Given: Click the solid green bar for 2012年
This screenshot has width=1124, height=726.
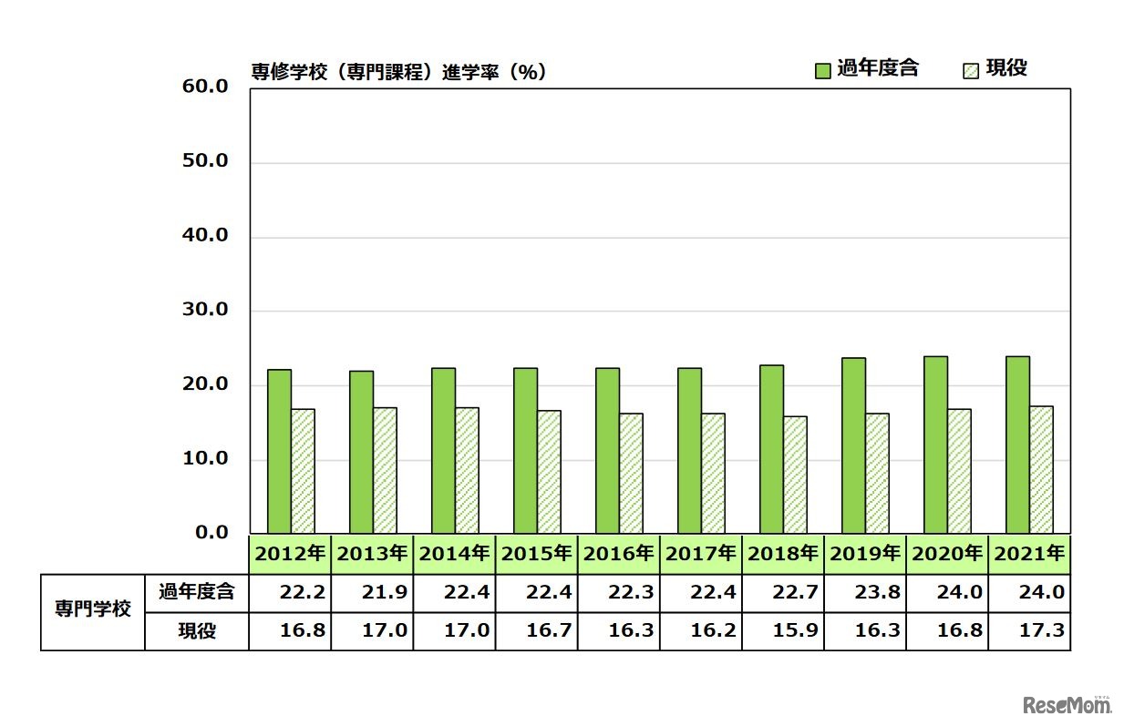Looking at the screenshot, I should click(x=279, y=451).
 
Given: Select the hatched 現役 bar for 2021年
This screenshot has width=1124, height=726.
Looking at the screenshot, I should click(x=1041, y=469).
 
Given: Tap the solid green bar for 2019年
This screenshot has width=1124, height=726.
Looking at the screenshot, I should click(x=853, y=445).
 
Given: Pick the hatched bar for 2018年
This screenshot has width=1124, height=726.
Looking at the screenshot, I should click(x=795, y=475).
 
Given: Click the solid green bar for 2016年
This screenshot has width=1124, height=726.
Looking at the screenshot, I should click(x=607, y=451).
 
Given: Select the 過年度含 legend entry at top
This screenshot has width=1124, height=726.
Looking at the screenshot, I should click(x=866, y=68).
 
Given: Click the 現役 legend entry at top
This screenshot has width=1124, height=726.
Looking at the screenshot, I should click(x=995, y=68).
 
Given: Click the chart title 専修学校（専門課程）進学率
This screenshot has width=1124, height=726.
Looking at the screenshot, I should click(x=398, y=72).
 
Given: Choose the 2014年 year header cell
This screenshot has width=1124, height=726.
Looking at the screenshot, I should click(x=454, y=553).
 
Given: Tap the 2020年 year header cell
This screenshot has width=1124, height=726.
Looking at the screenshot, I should click(x=947, y=553).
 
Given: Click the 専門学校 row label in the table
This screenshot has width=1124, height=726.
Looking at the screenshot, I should click(x=93, y=610).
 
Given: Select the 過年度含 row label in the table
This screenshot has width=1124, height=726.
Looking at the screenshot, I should click(x=197, y=592).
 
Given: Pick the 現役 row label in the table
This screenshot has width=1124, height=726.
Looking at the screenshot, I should click(x=197, y=630).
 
